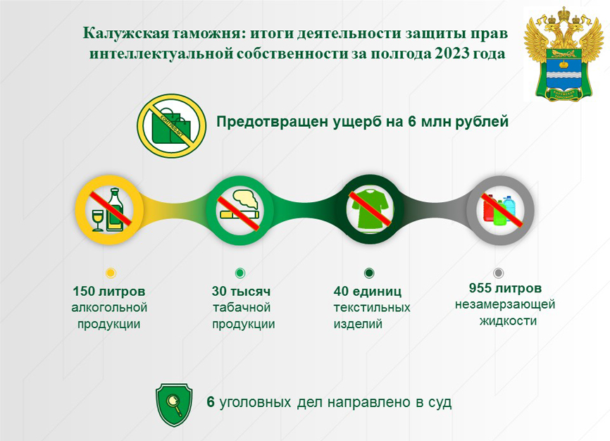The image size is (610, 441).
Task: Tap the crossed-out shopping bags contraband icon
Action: click(x=172, y=125)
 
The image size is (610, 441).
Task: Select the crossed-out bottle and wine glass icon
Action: click(x=109, y=210)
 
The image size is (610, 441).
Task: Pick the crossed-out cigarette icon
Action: click(x=239, y=210)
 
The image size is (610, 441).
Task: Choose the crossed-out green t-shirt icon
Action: click(x=369, y=210)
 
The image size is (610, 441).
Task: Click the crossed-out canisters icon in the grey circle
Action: click(x=500, y=210)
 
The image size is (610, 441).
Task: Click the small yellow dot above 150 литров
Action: click(x=111, y=273)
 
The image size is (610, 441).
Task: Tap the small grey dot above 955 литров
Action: click(x=498, y=273)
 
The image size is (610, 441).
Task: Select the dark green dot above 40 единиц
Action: click(x=369, y=273)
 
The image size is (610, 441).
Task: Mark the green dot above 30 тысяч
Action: click(x=240, y=273)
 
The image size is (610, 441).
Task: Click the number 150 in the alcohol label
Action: click(x=84, y=291)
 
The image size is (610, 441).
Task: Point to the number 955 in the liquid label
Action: click(x=480, y=288)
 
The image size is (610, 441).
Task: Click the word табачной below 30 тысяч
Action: click(x=242, y=307)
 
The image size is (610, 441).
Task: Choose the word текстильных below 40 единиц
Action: click(x=372, y=307)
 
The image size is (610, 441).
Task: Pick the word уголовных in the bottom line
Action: click(x=255, y=402)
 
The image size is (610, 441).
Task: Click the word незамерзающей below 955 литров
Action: click(x=505, y=305)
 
